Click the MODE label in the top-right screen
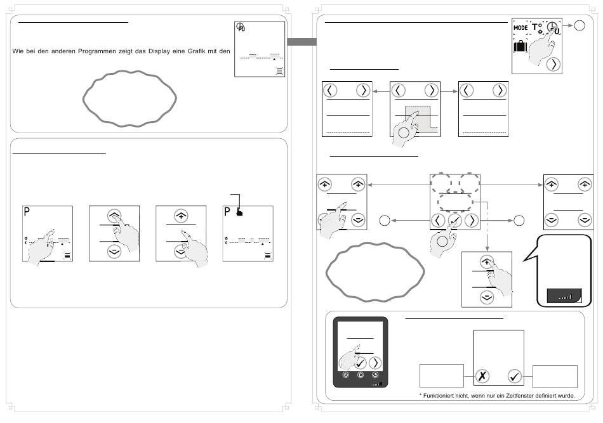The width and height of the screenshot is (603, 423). pyautogui.click(x=521, y=28)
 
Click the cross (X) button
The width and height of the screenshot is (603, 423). pyautogui.click(x=483, y=376)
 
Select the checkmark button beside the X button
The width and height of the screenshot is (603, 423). pyautogui.click(x=515, y=376)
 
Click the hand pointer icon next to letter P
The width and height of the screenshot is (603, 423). pyautogui.click(x=239, y=212)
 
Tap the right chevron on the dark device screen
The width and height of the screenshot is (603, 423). pyautogui.click(x=375, y=363)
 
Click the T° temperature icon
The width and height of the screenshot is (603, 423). pyautogui.click(x=537, y=28)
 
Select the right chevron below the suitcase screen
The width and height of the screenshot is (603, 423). pyautogui.click(x=554, y=64)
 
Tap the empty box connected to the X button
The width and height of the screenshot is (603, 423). pyautogui.click(x=441, y=376)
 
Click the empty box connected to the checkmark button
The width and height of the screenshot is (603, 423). pyautogui.click(x=555, y=376)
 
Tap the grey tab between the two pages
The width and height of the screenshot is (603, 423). pyautogui.click(x=301, y=42)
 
